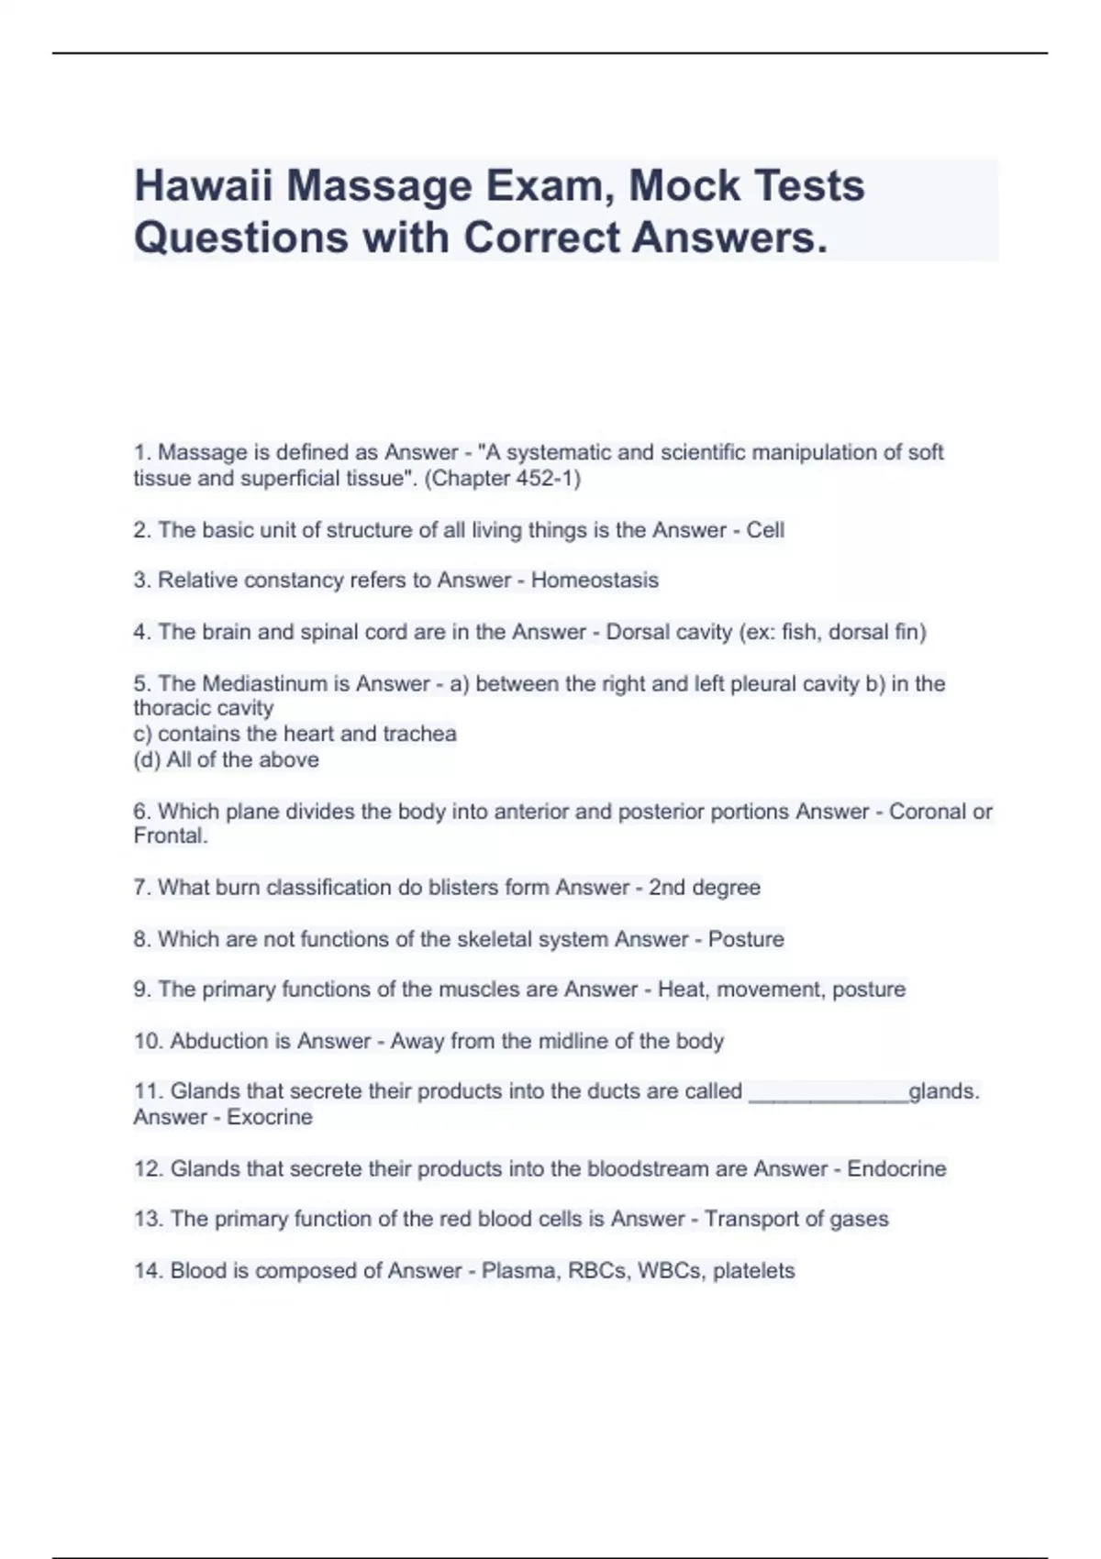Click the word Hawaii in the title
point(204,186)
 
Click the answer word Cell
point(765,530)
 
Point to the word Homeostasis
point(595,580)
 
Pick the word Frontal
point(169,835)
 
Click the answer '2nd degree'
point(704,888)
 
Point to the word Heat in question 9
point(683,990)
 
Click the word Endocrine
point(895,1168)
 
